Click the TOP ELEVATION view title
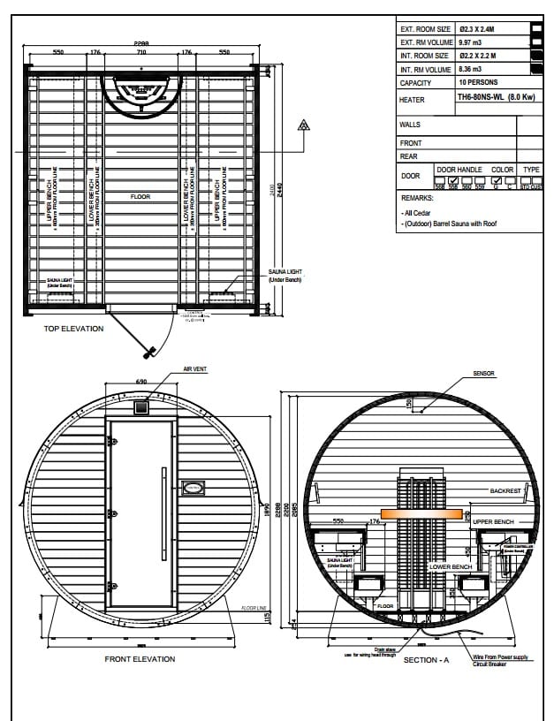point(73,329)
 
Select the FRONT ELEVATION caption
point(140,659)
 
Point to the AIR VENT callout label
point(195,369)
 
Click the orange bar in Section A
point(421,514)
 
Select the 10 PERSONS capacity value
point(479,82)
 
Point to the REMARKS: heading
point(417,199)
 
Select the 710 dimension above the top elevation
point(140,52)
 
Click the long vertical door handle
point(163,513)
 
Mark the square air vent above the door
point(140,407)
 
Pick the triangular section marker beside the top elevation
point(304,125)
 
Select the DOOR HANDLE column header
point(459,170)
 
